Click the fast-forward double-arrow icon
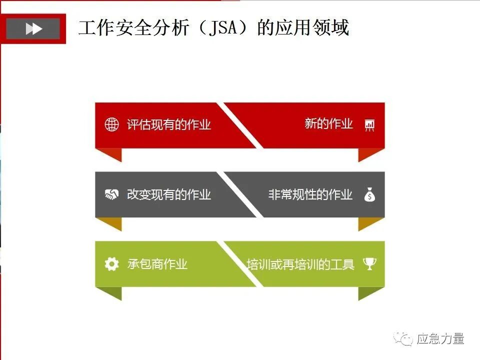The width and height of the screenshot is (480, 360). tap(33, 28)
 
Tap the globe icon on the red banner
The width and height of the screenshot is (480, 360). tap(111, 124)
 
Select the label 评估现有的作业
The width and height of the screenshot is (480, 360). tap(169, 124)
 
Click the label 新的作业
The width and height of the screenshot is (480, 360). tap(328, 123)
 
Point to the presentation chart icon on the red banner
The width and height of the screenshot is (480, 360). tap(370, 124)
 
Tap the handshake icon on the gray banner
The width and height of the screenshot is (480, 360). tap(111, 194)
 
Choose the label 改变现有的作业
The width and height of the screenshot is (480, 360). tap(169, 194)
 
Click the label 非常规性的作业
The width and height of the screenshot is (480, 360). tap(310, 194)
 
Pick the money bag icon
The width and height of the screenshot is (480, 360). tap(369, 194)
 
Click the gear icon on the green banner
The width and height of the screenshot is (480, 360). tap(111, 264)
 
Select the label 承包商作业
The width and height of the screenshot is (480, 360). tap(157, 264)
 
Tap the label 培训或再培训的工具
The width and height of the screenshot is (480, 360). tap(300, 264)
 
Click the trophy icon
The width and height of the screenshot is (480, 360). tap(369, 263)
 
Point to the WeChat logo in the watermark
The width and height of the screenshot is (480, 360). tap(403, 339)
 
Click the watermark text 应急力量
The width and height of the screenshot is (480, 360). tap(440, 339)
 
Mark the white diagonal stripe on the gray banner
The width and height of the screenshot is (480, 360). tap(243, 194)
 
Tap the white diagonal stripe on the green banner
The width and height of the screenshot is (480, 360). tap(243, 264)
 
